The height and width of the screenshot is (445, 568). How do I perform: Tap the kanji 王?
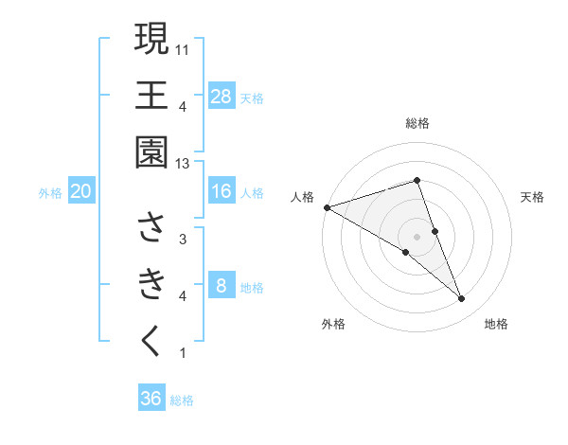click(x=151, y=95)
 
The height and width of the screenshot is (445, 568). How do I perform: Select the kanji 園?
click(x=151, y=152)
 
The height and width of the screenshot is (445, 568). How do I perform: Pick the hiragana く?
click(x=151, y=341)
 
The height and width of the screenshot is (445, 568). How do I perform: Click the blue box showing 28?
click(x=222, y=97)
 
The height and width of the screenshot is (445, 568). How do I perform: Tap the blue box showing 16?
click(x=222, y=191)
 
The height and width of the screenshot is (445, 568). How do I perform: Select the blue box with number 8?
click(x=222, y=286)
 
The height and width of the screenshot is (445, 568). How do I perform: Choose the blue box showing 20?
click(x=81, y=192)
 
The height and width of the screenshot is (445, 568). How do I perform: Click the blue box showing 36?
click(x=151, y=399)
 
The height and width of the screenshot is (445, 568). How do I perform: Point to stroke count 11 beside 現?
click(x=183, y=47)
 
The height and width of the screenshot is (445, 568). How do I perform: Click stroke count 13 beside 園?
click(x=183, y=164)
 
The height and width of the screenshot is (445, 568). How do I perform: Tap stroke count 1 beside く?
click(x=183, y=353)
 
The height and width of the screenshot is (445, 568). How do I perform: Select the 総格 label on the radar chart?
click(x=417, y=123)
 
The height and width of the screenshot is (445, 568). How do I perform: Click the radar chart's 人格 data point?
click(x=327, y=207)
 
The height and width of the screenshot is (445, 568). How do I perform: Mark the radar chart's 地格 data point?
click(x=462, y=299)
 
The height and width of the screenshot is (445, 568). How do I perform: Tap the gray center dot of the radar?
click(x=417, y=237)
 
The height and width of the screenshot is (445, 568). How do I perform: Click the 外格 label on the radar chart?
click(x=333, y=325)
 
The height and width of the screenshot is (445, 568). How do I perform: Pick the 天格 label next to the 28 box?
click(x=252, y=98)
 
